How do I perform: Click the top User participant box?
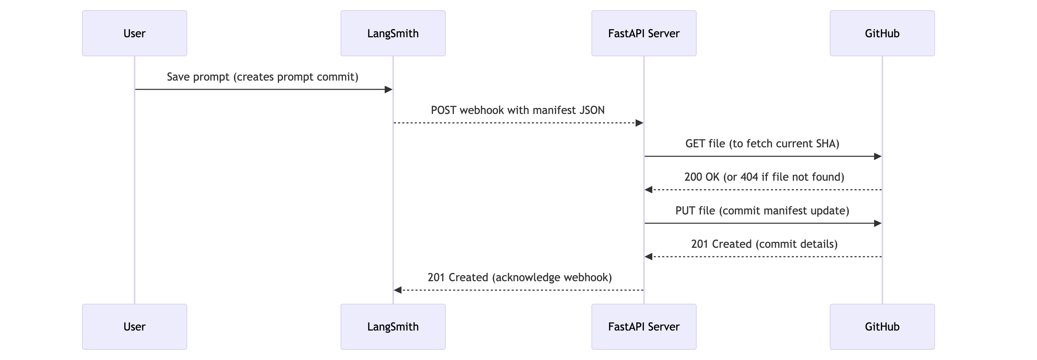pos(135,33)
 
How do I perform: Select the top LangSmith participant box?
pos(393,33)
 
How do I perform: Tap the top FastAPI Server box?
pos(644,33)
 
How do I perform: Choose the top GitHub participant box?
pos(882,33)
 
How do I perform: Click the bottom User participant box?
pos(135,327)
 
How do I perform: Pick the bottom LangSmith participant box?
pos(393,327)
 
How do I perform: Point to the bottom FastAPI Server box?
pos(644,327)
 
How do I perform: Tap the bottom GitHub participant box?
pos(882,327)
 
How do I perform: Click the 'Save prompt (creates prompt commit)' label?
pos(263,77)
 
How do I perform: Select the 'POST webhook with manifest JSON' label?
pos(518,110)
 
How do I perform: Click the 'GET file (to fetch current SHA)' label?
pos(762,144)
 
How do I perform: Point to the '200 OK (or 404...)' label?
pos(764,177)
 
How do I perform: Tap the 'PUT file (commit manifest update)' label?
pos(762,211)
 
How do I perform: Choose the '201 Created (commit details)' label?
pos(764,244)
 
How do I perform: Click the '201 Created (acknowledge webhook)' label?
pos(519,277)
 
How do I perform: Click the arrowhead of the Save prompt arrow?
pos(389,89)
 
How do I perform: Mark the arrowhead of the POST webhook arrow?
pos(639,123)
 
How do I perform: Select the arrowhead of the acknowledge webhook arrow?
pos(398,290)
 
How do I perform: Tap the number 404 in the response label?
pos(749,177)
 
